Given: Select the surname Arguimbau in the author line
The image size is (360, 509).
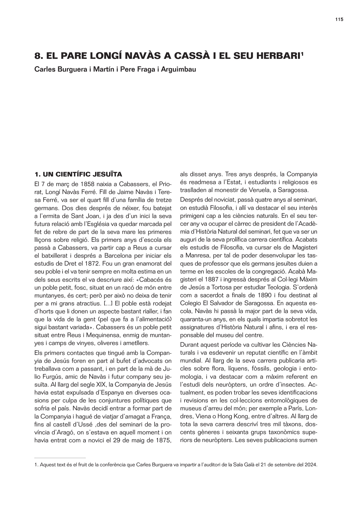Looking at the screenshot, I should [178, 69].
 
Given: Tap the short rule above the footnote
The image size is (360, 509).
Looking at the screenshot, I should [60, 458].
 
